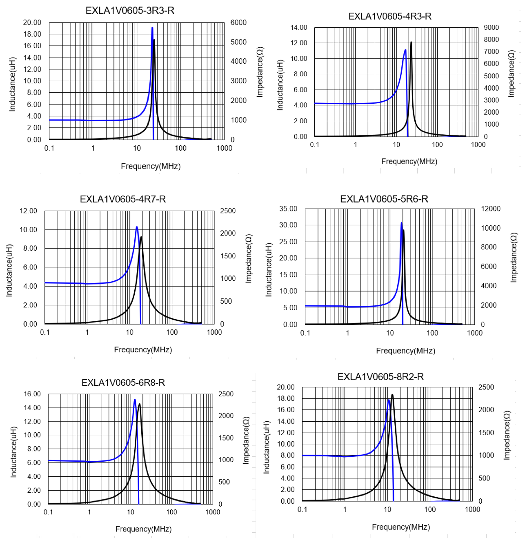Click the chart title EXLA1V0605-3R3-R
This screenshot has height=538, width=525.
click(130, 11)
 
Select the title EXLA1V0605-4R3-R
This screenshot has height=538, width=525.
click(390, 16)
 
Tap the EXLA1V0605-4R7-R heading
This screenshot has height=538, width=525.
click(123, 199)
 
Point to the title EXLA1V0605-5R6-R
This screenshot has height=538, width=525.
click(384, 199)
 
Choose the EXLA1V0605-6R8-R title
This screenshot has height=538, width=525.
click(123, 382)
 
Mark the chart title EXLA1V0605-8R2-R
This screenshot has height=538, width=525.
click(380, 377)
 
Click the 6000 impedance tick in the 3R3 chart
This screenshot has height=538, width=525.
click(238, 22)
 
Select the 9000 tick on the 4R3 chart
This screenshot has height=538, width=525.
click(491, 27)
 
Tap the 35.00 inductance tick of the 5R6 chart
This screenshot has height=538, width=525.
click(288, 209)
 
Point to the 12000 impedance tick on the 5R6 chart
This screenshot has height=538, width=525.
click(491, 209)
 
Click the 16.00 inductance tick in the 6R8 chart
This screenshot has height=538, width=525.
click(32, 394)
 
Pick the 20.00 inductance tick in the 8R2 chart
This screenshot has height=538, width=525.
click(285, 387)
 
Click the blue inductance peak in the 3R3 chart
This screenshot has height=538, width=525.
click(152, 28)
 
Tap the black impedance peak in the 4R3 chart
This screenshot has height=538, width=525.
click(411, 42)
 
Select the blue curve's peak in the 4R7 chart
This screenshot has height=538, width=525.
click(137, 227)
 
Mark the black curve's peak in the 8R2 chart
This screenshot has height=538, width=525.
click(392, 395)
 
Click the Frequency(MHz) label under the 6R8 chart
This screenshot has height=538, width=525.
click(143, 529)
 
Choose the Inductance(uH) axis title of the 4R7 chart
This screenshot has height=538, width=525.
click(9, 270)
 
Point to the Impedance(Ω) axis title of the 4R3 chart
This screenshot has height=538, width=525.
click(511, 74)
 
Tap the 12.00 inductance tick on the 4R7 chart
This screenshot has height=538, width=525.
click(29, 211)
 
